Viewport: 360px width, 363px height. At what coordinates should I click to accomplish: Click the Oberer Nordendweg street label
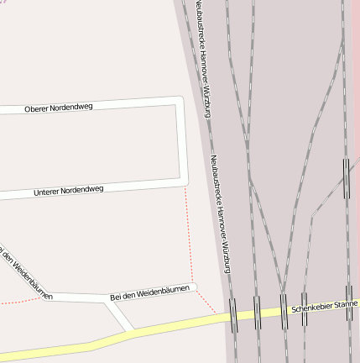pos(59,108)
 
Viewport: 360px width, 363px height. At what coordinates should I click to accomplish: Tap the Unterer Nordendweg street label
pos(69,191)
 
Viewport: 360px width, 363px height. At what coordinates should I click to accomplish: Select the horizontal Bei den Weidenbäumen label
pos(152,292)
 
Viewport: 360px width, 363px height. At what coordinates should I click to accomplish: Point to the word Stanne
pos(346,307)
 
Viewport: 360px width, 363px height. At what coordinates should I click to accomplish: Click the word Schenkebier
pos(311,311)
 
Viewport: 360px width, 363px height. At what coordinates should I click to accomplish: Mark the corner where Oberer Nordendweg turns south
pos(180,102)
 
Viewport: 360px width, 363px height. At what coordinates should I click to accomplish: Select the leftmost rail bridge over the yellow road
pos(233,316)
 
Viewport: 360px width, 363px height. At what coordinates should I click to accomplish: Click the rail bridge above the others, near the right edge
pos(346,178)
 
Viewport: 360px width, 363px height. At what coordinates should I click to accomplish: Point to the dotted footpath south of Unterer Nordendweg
pos(189,235)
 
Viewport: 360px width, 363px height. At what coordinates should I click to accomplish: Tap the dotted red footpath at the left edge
pos(17,300)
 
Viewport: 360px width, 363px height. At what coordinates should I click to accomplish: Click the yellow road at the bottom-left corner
pos(25,354)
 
